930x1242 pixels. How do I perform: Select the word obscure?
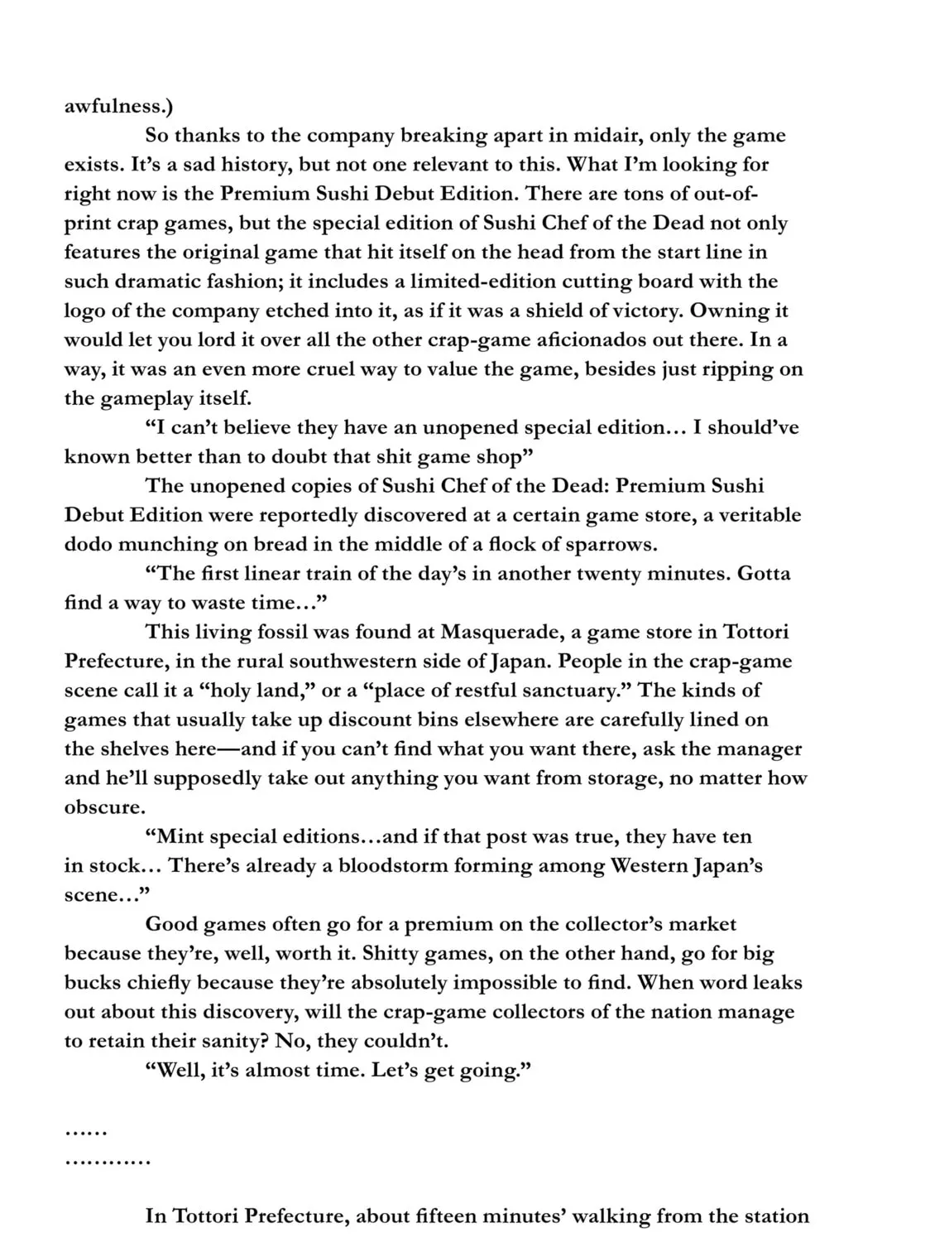click(x=103, y=807)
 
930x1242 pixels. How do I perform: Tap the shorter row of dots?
click(x=86, y=1130)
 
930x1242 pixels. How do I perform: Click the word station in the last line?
click(x=775, y=1216)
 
